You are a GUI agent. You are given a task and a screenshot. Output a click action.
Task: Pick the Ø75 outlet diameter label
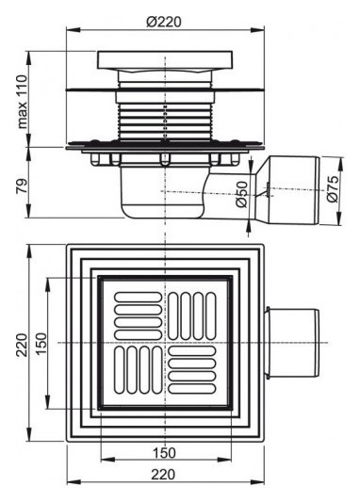[x=333, y=192]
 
